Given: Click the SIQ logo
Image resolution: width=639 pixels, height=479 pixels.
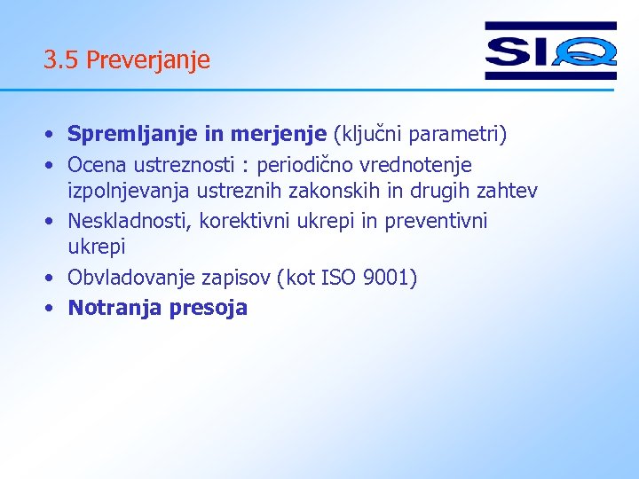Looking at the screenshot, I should coord(550,51).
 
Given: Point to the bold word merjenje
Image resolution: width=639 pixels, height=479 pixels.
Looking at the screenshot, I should coord(279,135).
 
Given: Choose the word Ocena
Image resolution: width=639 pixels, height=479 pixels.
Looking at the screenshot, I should coord(96,165).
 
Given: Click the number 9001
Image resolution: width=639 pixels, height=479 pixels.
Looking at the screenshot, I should coord(389,278).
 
